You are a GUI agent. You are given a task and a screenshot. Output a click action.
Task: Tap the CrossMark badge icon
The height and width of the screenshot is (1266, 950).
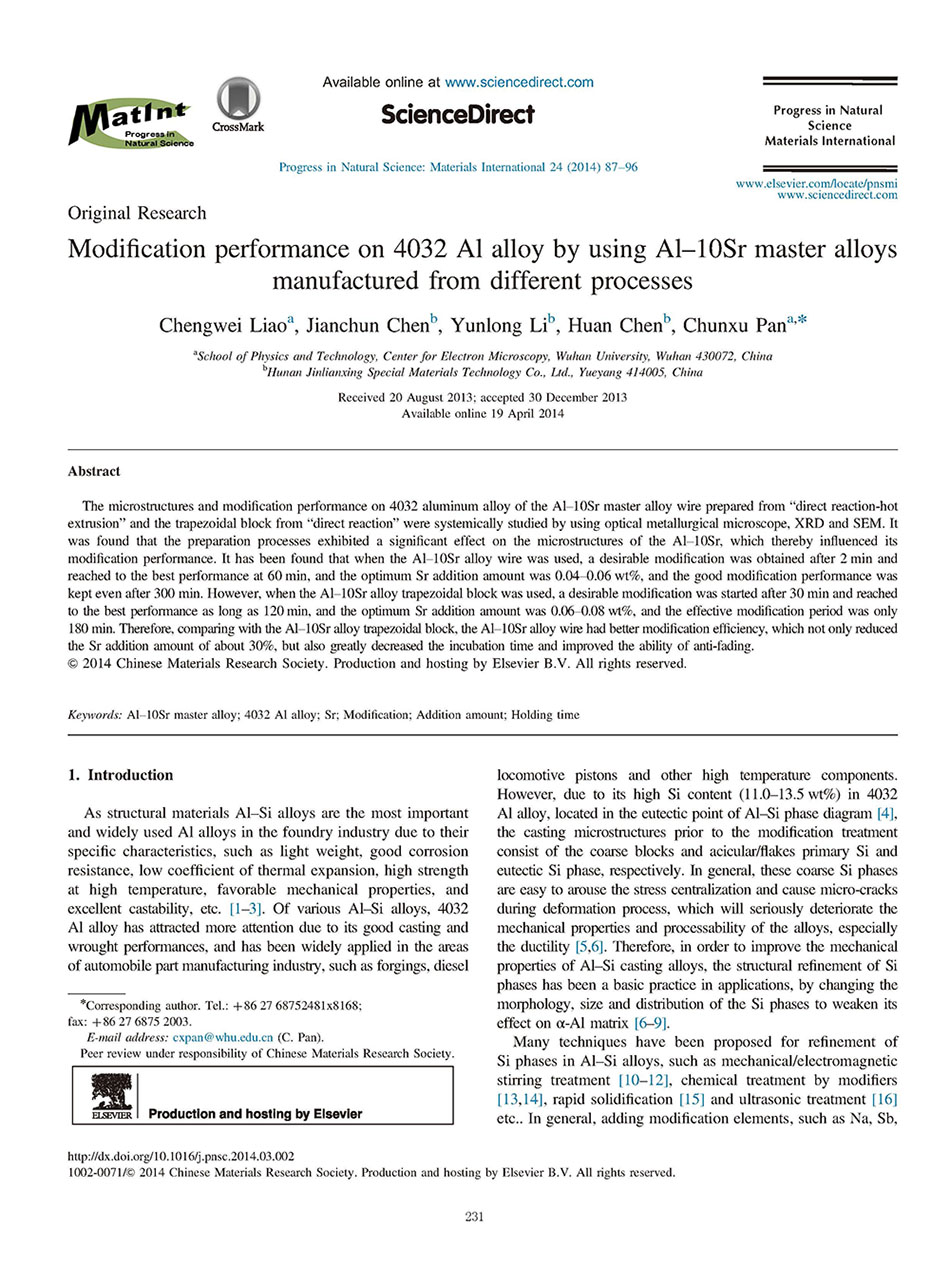[238, 104]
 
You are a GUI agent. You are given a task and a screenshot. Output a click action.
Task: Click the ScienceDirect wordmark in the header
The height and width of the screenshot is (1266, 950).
[458, 114]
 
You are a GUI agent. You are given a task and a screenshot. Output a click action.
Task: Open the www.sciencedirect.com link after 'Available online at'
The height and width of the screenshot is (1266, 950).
[518, 82]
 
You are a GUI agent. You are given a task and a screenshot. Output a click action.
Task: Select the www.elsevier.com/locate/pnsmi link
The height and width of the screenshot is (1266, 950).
[816, 184]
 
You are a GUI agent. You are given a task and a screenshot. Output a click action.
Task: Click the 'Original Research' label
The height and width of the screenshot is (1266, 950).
[137, 213]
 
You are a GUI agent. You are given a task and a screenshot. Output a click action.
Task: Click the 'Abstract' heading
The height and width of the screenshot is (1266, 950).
[94, 471]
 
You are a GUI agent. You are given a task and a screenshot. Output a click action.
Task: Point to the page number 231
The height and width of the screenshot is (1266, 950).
[475, 1216]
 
